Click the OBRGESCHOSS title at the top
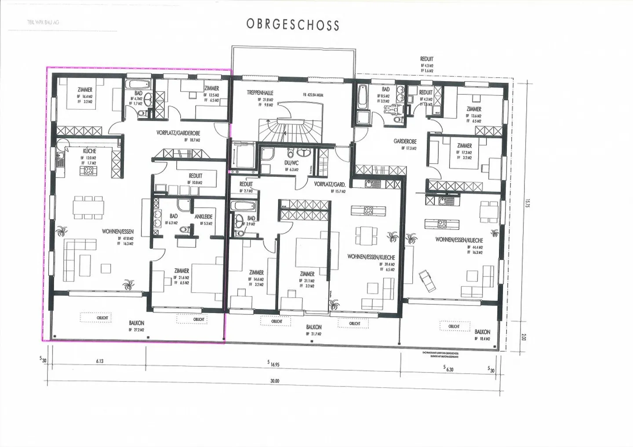coord(293,24)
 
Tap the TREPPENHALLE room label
coord(260,93)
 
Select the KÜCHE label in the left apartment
coord(89,151)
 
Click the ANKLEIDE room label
coord(204,216)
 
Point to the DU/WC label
coord(291,163)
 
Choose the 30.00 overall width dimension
coord(275,381)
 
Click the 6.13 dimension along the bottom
coord(100,361)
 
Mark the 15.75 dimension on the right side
coord(527,205)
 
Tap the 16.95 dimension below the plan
coord(275,364)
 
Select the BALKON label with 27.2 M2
coord(137,323)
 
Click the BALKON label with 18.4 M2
coord(482,332)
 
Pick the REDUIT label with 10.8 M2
coord(196,176)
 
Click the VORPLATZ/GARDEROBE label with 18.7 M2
coord(178,133)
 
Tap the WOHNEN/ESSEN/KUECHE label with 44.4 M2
coord(459,240)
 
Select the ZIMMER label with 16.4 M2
coord(85,90)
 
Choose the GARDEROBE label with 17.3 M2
coord(405,142)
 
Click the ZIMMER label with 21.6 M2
coord(182,271)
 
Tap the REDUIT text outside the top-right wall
coord(426,59)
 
